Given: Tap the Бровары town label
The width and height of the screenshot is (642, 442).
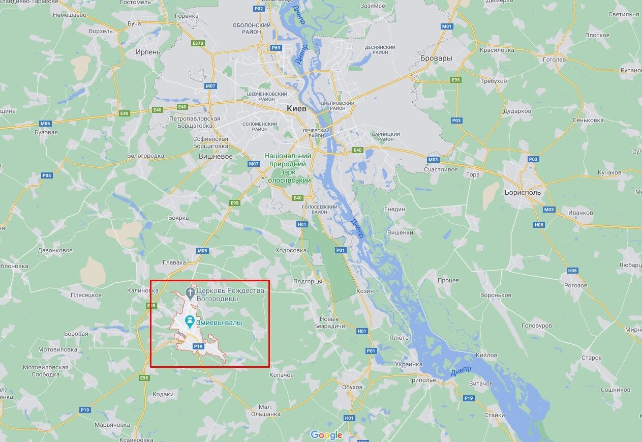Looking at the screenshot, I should tap(436, 58).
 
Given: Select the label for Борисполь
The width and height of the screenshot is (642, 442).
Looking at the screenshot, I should tap(523, 193).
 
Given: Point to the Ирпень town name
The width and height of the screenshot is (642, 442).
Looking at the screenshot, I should tap(148, 52).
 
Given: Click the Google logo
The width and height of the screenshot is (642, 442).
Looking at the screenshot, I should tap(326, 435).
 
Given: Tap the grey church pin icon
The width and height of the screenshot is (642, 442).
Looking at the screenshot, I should tap(190, 292).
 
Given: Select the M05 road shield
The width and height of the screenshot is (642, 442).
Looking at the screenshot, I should tap(202, 251).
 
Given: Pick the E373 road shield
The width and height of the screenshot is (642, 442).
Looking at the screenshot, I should tap(198, 43).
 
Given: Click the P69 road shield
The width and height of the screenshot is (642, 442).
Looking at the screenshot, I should tap(276, 48).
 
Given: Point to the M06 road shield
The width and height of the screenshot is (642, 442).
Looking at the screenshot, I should tap(45, 124).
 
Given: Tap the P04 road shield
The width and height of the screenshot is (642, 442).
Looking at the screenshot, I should tap(47, 175).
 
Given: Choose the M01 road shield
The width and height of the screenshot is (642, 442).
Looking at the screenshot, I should tap(447, 26).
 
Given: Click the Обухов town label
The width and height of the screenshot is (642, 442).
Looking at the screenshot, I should tap(352, 387).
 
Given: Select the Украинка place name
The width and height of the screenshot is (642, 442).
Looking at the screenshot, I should tap(409, 364).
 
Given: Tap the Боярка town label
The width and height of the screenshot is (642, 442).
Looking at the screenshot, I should tap(178, 218).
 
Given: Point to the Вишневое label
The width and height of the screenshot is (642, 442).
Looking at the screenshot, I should tap(216, 156).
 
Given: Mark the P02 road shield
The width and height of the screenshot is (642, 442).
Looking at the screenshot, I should tap(259, 9).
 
